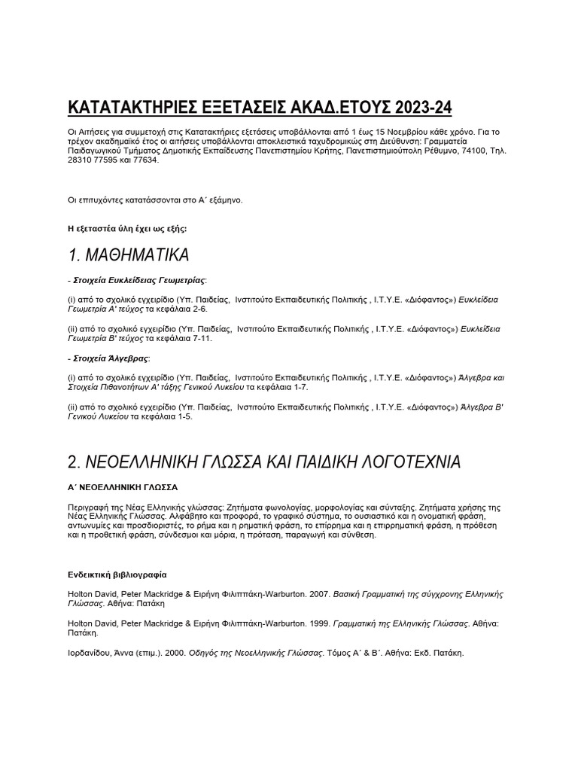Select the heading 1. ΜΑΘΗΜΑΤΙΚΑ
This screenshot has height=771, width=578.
coord(128,254)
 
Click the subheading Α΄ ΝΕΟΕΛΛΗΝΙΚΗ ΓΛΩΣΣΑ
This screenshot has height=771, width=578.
coord(123,487)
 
